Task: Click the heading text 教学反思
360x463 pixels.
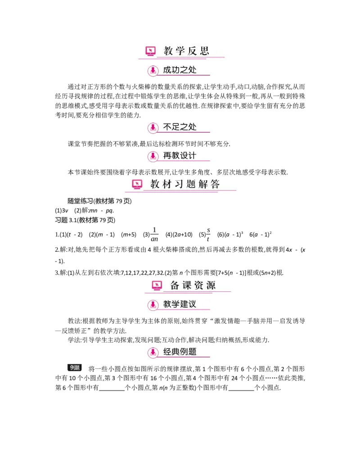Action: [186, 51]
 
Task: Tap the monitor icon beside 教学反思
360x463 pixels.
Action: [150, 51]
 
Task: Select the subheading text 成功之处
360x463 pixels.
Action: [180, 70]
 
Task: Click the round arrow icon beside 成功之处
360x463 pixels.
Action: [153, 70]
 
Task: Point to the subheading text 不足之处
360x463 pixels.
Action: [180, 127]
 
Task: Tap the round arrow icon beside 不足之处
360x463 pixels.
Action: [153, 128]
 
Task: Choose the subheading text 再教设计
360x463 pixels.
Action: [180, 155]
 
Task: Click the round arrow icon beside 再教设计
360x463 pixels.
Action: [153, 157]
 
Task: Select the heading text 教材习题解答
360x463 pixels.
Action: [185, 184]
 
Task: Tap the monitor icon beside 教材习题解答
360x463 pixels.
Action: [137, 184]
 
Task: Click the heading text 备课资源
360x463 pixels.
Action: [193, 285]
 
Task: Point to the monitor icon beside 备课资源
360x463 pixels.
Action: [157, 285]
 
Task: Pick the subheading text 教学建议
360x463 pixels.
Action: [180, 304]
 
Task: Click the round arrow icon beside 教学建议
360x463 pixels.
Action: [153, 305]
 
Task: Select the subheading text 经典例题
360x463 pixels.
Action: [180, 351]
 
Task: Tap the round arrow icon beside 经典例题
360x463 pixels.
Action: [153, 352]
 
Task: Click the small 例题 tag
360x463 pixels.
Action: [75, 368]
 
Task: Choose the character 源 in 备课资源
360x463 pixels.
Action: [210, 285]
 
